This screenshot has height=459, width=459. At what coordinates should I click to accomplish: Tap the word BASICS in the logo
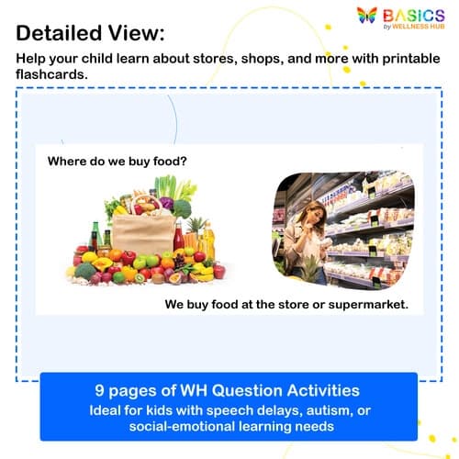(415, 14)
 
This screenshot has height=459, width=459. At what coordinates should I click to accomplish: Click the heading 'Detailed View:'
(90, 33)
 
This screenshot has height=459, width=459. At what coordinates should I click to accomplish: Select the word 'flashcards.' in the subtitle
(51, 75)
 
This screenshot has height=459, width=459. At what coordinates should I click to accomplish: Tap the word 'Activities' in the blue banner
(311, 389)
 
